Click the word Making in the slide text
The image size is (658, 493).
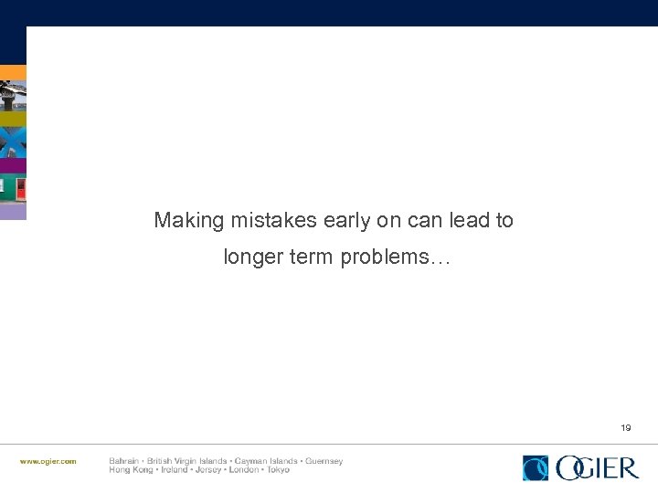pyautogui.click(x=188, y=221)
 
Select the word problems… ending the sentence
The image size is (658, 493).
pyautogui.click(x=396, y=258)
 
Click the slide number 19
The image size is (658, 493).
pyautogui.click(x=626, y=427)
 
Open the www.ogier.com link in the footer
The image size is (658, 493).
pyautogui.click(x=48, y=462)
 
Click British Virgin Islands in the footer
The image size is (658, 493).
pyautogui.click(x=187, y=461)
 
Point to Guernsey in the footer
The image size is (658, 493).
pyautogui.click(x=324, y=461)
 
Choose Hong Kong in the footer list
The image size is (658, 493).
pyautogui.click(x=128, y=470)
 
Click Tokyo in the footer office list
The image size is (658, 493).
pyautogui.click(x=278, y=470)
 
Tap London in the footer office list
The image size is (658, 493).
pyautogui.click(x=243, y=470)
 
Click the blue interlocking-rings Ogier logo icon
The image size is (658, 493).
pyautogui.click(x=536, y=468)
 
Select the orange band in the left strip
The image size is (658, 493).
pyautogui.click(x=13, y=72)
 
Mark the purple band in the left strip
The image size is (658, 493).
pyautogui.click(x=13, y=165)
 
